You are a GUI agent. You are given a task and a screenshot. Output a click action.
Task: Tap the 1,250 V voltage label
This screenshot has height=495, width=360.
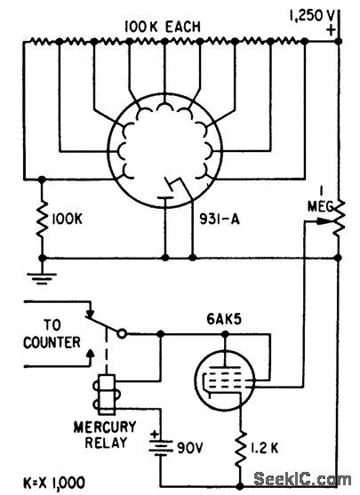tap(318, 14)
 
